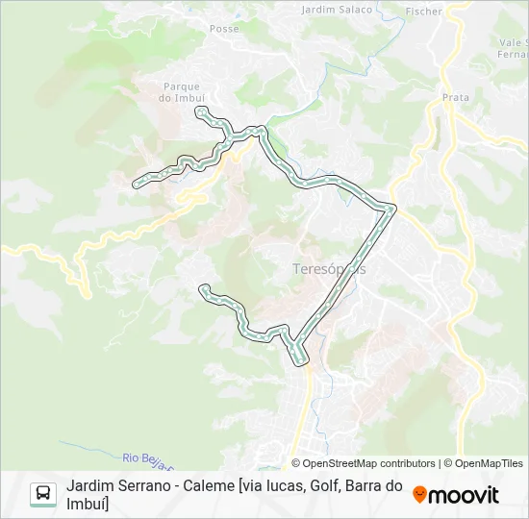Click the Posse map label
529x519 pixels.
pyautogui.click(x=224, y=29)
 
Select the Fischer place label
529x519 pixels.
pyautogui.click(x=423, y=12)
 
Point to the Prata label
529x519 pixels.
pyautogui.click(x=455, y=97)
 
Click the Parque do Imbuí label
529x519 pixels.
pyautogui.click(x=183, y=91)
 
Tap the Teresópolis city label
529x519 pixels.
pyautogui.click(x=329, y=269)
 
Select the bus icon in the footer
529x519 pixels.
pyautogui.click(x=43, y=494)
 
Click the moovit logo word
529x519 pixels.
pyautogui.click(x=465, y=495)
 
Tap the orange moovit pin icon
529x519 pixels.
pyautogui.click(x=419, y=495)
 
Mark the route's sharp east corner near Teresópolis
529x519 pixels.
pyautogui.click(x=392, y=207)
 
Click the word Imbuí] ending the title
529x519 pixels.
pyautogui.click(x=88, y=504)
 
